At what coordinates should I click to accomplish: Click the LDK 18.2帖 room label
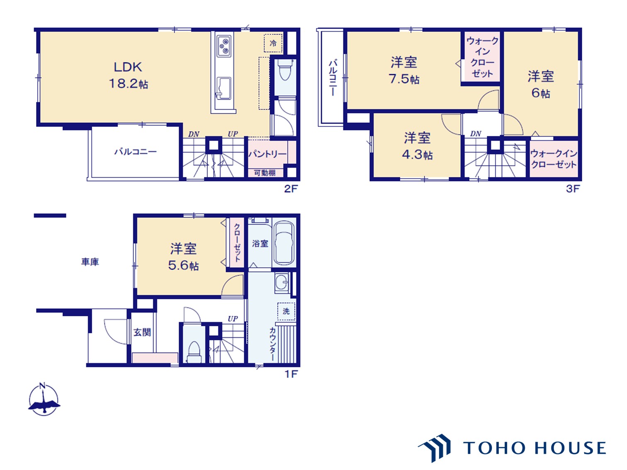tap(128, 75)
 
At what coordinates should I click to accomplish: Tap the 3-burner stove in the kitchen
tap(224, 46)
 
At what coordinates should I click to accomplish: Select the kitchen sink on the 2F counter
tap(224, 88)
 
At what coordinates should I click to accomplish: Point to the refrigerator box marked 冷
tap(273, 43)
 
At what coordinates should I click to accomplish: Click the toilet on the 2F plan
tap(285, 72)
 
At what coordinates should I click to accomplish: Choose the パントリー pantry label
tap(267, 154)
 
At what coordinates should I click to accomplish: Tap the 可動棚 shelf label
tap(265, 173)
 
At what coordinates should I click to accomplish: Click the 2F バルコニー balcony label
tap(136, 151)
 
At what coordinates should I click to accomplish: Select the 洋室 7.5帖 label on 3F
tap(404, 70)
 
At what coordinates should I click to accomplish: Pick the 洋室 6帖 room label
tap(541, 85)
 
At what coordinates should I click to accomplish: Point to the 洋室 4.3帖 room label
tap(417, 146)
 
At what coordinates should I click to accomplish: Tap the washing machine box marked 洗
tap(286, 311)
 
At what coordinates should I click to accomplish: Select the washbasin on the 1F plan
tap(282, 283)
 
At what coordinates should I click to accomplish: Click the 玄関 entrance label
tap(142, 332)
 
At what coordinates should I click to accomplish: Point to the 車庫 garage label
tap(90, 262)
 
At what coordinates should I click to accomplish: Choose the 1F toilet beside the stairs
tap(194, 352)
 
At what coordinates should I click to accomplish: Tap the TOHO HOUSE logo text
tap(534, 448)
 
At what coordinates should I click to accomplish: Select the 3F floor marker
tap(573, 189)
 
